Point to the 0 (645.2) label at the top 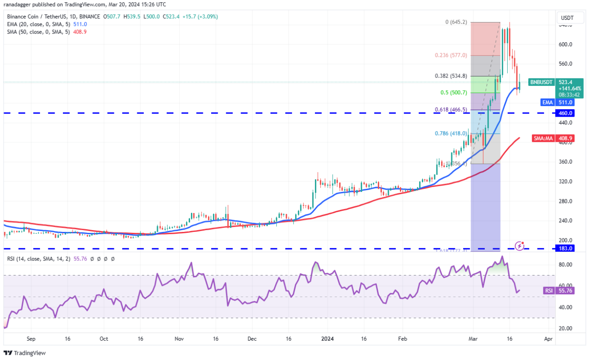pos(456,22)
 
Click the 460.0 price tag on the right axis pos(566,113)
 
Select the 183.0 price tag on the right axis pos(566,248)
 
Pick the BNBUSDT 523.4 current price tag pos(556,82)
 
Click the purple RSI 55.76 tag pos(556,290)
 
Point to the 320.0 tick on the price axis pos(566,181)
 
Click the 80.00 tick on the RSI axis pos(566,264)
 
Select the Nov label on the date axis pos(179,339)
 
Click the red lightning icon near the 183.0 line pos(519,246)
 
